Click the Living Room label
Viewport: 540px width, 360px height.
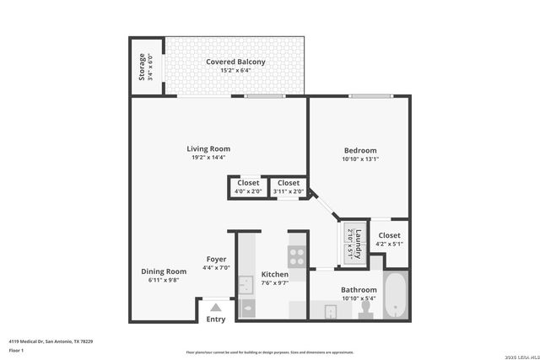(x=208, y=149)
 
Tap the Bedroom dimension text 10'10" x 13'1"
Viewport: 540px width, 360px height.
(x=360, y=159)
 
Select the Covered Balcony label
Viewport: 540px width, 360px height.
(x=236, y=62)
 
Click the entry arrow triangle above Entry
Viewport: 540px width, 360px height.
(x=216, y=308)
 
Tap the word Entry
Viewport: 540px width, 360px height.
(x=216, y=319)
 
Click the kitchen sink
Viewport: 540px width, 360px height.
(x=246, y=286)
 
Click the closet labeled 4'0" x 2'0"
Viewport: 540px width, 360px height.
(x=248, y=186)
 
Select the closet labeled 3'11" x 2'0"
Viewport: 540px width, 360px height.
(x=289, y=186)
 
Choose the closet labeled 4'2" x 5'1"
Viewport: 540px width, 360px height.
(x=390, y=239)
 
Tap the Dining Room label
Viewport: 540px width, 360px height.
(x=164, y=271)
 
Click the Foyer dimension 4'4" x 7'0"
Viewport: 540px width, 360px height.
(x=216, y=268)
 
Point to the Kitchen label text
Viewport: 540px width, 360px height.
(x=275, y=275)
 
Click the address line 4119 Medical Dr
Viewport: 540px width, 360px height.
(x=51, y=341)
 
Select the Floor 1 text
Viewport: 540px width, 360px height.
(x=16, y=350)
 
